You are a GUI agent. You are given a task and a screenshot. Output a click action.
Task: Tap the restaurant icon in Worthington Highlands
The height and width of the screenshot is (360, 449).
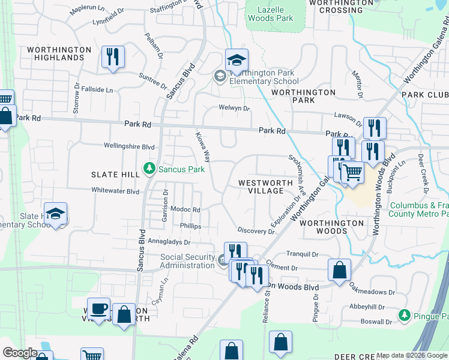(113, 57)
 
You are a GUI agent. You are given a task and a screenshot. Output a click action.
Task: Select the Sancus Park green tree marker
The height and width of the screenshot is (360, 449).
(149, 170)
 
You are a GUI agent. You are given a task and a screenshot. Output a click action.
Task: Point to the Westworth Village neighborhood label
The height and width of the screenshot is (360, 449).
(261, 187)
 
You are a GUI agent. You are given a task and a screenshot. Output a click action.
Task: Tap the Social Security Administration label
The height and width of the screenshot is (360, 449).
(187, 261)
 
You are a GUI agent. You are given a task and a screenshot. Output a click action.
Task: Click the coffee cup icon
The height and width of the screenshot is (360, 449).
(99, 309)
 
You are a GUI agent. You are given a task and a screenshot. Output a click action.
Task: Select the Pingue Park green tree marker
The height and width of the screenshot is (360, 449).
(405, 315)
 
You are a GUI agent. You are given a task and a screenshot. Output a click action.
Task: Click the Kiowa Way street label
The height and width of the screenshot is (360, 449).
(203, 147)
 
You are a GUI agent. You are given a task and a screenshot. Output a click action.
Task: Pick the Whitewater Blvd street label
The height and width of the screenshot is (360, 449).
(115, 191)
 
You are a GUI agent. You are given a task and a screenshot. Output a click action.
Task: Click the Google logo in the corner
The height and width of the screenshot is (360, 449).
(20, 353)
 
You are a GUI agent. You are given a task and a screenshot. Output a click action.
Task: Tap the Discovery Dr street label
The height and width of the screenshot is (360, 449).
(256, 230)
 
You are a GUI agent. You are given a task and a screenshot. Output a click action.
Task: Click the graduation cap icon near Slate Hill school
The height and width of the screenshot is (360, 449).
(55, 214)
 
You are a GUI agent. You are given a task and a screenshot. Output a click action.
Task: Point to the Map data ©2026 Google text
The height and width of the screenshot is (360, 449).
(411, 355)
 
